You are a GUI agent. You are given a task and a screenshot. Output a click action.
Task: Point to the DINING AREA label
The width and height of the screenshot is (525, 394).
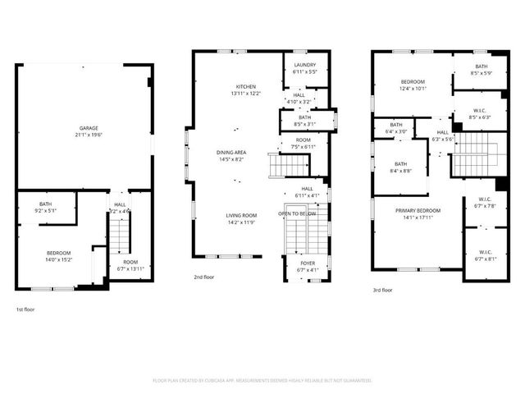click(232, 153)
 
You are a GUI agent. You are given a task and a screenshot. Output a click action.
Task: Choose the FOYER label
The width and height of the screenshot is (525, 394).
click(307, 263)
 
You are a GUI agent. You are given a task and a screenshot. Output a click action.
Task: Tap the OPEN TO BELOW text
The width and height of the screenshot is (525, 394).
click(297, 213)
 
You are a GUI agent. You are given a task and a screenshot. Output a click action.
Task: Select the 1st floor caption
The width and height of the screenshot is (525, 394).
click(25, 309)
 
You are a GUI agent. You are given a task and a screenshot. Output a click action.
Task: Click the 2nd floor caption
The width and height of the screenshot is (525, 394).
click(204, 278)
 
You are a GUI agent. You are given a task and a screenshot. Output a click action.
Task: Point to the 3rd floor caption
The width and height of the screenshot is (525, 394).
click(382, 290)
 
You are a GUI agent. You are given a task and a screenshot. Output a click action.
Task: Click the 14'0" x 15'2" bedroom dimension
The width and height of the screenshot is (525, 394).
click(58, 259)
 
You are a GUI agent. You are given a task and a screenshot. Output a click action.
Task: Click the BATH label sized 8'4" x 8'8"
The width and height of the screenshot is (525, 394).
click(401, 163)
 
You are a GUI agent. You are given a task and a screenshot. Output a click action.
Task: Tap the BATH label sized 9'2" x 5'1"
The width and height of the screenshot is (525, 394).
click(46, 204)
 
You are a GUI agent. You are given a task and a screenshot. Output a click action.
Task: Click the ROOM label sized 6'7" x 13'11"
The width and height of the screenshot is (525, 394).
click(130, 262)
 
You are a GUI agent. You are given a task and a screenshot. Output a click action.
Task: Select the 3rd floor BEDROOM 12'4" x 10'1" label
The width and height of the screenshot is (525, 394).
click(413, 82)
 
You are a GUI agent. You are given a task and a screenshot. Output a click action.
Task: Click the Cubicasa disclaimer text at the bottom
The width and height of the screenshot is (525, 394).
click(262, 381)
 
